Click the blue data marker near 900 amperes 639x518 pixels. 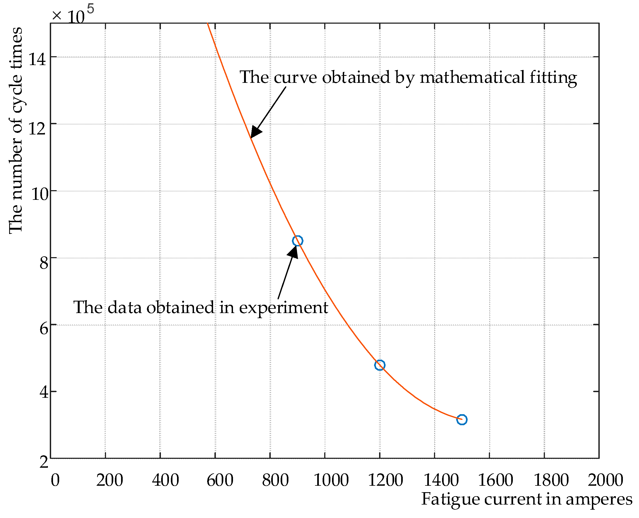[x=298, y=241]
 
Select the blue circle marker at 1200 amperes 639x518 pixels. [x=380, y=365]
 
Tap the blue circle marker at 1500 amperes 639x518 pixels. [x=462, y=420]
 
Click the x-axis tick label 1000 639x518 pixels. [x=331, y=480]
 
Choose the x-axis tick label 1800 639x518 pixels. [x=551, y=480]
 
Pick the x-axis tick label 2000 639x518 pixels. [x=606, y=480]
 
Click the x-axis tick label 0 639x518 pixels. [x=55, y=480]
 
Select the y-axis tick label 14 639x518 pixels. [x=37, y=59]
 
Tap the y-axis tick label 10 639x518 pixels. [x=39, y=194]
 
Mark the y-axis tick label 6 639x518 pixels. [x=44, y=329]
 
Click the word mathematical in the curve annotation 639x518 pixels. [x=472, y=77]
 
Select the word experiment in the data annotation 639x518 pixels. [x=284, y=308]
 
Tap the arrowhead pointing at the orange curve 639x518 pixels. [x=255, y=132]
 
